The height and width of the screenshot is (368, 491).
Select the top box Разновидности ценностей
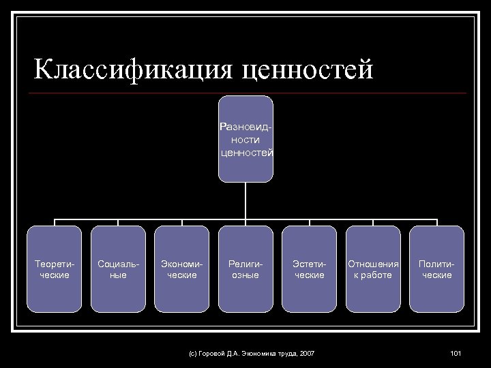click(x=245, y=139)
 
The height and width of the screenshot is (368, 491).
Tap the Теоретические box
click(x=54, y=269)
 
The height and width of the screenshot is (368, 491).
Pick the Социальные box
click(x=118, y=269)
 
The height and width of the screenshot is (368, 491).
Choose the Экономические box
click(x=181, y=269)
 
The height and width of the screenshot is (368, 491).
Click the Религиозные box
click(x=245, y=269)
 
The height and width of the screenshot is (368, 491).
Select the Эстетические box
click(x=309, y=269)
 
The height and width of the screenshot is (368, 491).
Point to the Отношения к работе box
click(x=373, y=269)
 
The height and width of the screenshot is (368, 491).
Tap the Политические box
click(x=436, y=269)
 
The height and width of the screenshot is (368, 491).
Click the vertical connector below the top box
click(x=245, y=201)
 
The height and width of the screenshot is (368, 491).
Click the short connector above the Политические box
click(x=436, y=223)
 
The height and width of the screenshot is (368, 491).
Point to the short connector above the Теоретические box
click(x=54, y=223)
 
